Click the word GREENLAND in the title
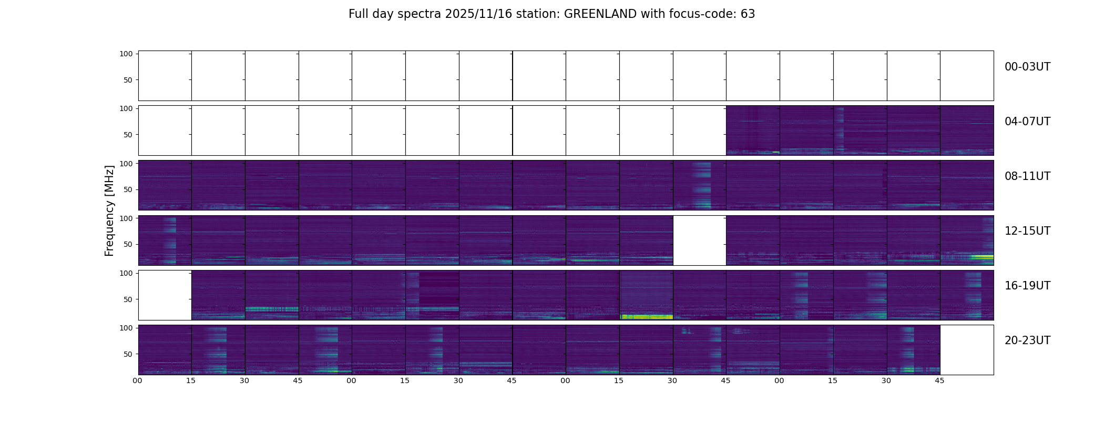tap(600, 14)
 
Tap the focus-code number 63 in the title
tap(748, 14)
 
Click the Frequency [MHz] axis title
tap(109, 210)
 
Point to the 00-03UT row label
tap(1027, 67)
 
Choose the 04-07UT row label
tap(1027, 122)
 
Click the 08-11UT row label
tap(1027, 176)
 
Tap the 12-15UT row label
tap(1027, 231)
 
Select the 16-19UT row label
tap(1027, 286)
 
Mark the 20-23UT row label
tap(1027, 340)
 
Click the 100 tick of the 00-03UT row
tap(126, 54)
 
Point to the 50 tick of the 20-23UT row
tap(128, 354)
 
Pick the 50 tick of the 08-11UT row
tap(128, 189)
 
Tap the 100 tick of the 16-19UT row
tap(126, 273)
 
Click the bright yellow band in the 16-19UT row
tap(647, 317)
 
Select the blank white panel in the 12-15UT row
tap(699, 240)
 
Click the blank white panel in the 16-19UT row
tap(165, 295)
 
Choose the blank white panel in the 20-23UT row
tap(967, 350)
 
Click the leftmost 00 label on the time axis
tap(138, 380)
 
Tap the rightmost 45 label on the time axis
tap(939, 380)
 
